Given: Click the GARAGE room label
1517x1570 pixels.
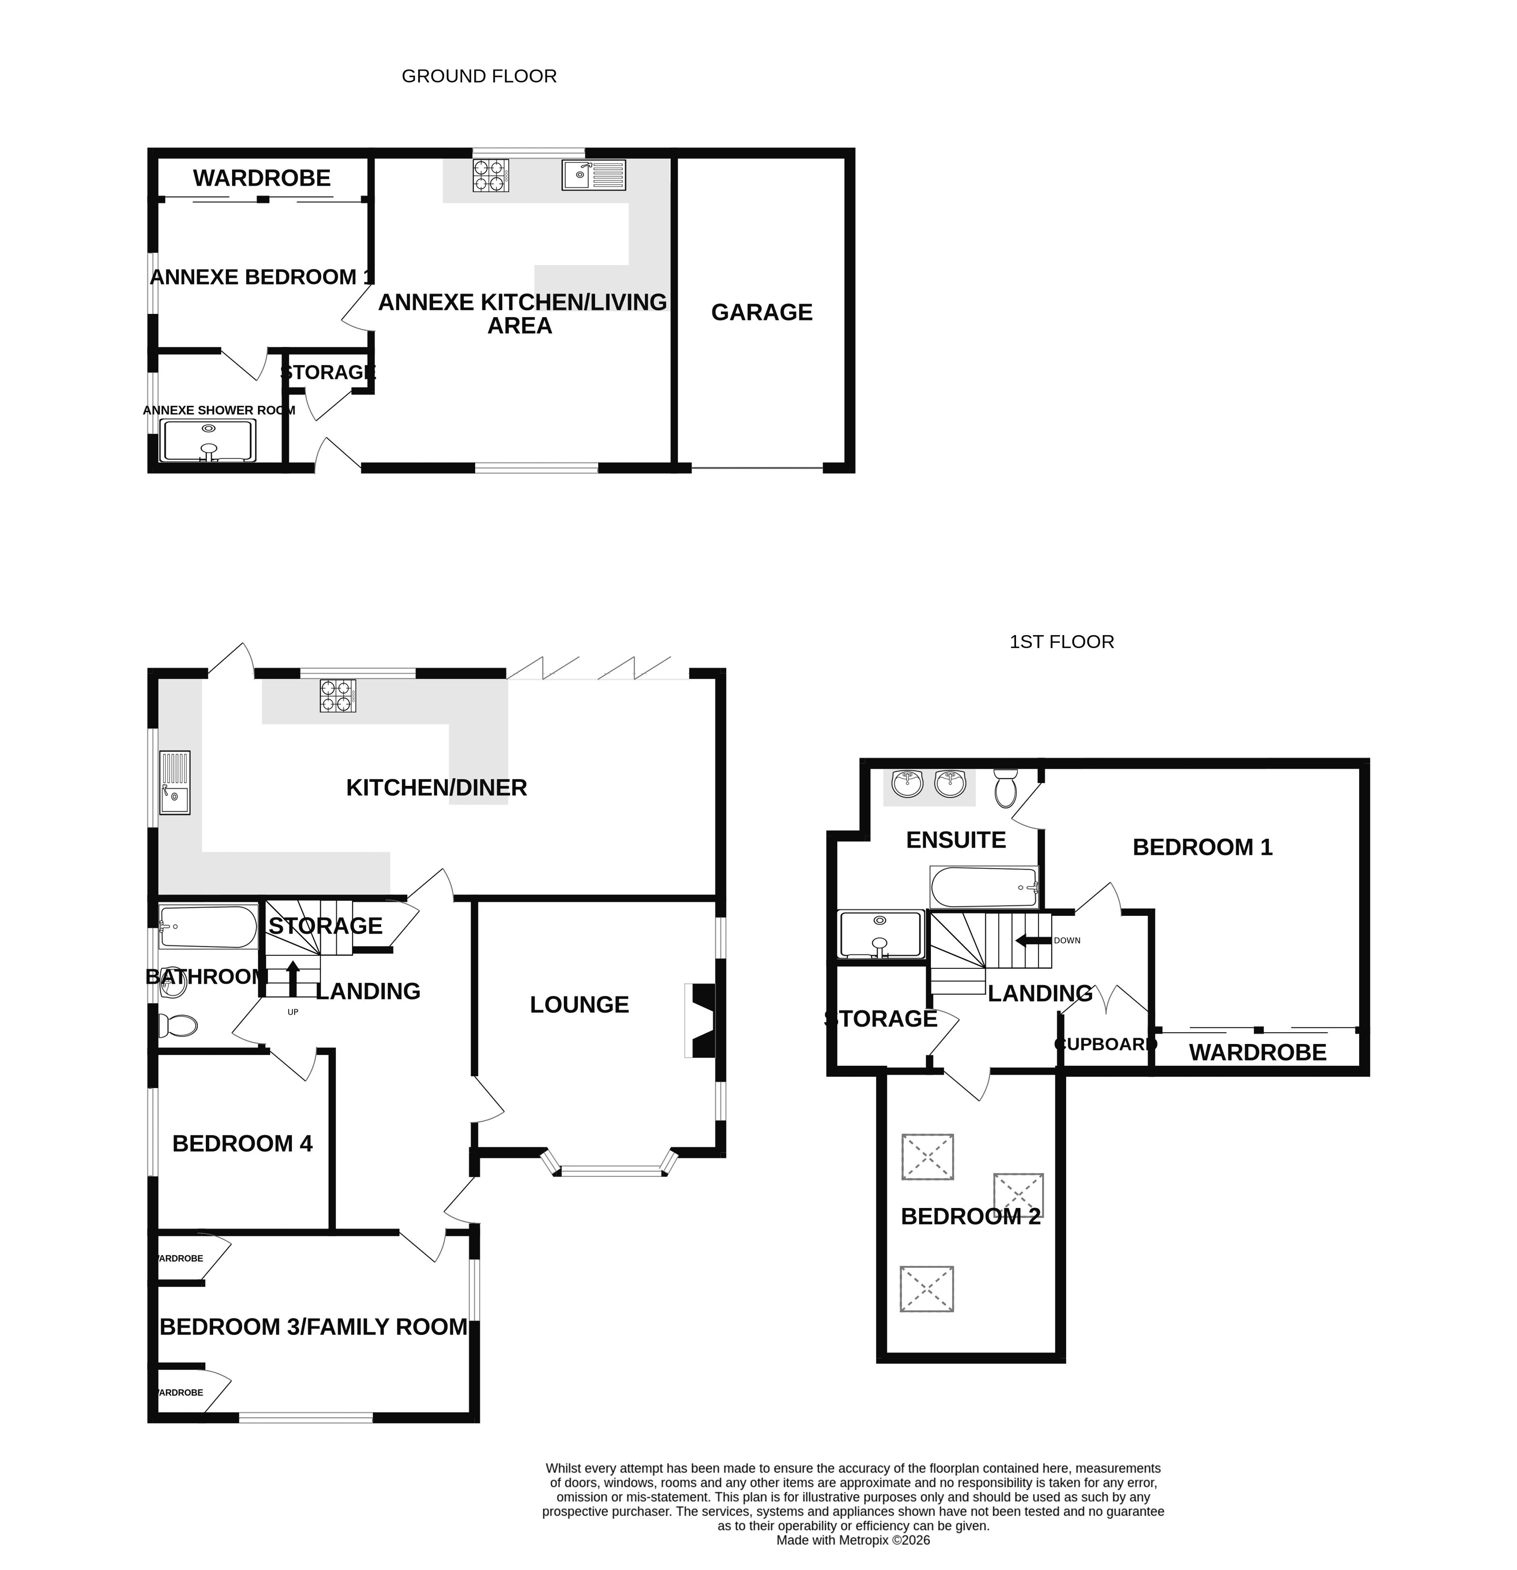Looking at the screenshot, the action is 761,312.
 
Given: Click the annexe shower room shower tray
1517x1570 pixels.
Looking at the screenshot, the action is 207,440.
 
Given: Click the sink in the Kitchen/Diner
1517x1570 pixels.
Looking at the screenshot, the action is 174,783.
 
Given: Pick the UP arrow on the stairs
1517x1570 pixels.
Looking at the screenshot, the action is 292,978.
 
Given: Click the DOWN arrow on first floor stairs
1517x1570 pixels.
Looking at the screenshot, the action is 1033,941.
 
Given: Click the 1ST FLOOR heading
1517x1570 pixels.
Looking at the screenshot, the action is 1062,642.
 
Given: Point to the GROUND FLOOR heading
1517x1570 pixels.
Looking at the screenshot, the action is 479,76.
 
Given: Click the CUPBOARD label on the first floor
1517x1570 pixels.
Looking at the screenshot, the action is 1106,1044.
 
